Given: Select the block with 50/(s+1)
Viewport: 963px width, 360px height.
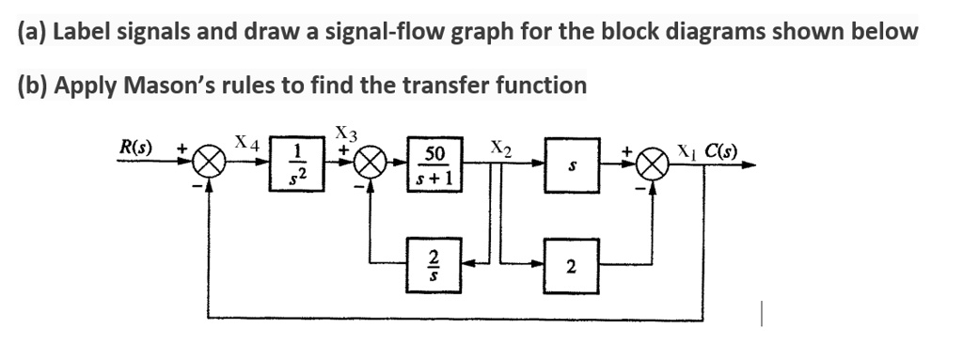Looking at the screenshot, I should point(434,164).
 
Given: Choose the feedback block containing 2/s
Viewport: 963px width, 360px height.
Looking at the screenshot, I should point(434,265).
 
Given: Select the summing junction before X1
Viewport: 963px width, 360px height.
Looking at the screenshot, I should point(653,165).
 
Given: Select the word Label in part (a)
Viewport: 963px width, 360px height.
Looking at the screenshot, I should point(83,31).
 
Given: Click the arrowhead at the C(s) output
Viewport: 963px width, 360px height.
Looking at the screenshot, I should point(749,165).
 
